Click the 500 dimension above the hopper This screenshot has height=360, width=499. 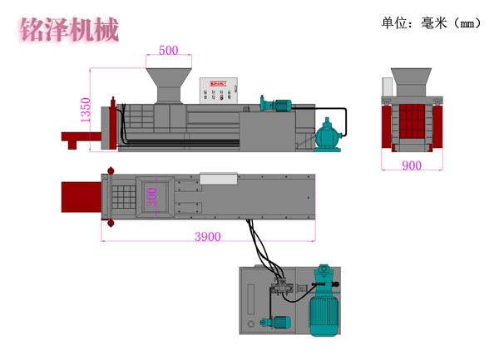click(168, 50)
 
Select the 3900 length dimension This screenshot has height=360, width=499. click(207, 236)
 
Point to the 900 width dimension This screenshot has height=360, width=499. click(411, 165)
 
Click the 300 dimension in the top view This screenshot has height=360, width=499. click(151, 197)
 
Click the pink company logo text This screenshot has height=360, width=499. click(68, 29)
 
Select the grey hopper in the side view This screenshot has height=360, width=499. click(167, 86)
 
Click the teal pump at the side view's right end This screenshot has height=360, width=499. click(329, 134)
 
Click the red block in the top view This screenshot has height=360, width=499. click(80, 198)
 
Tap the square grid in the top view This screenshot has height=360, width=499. click(123, 197)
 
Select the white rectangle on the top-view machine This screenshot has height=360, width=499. click(218, 178)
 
